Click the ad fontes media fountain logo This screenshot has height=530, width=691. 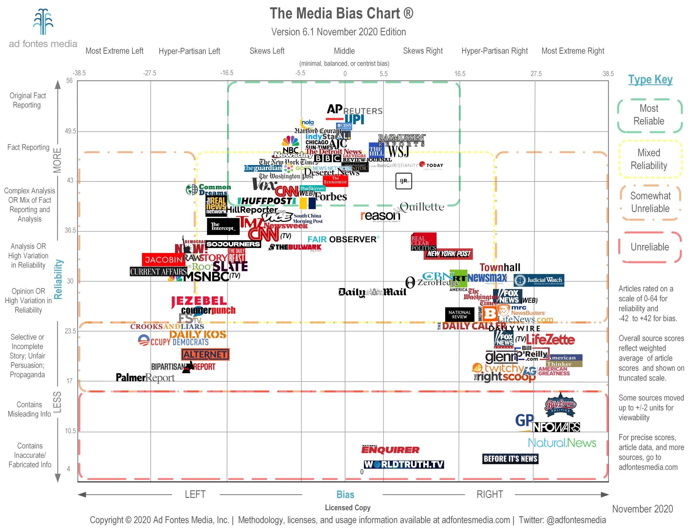coord(43,21)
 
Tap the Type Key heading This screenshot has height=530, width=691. coord(650,79)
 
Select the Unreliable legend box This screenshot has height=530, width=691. coord(650,247)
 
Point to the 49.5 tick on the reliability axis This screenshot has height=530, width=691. coord(70,131)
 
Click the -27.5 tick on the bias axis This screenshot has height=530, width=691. coord(150,73)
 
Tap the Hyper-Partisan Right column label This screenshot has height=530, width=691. coord(494,51)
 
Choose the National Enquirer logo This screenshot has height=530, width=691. coord(390,449)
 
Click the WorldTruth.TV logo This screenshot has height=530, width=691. coord(404,464)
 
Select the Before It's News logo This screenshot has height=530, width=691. coord(510,459)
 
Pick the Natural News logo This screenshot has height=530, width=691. coord(562,443)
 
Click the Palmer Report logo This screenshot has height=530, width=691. coord(145,378)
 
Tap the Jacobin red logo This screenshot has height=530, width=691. coord(163,260)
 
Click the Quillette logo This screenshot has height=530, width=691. coord(421,207)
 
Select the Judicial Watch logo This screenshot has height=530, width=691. coord(539,280)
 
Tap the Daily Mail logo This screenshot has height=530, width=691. coord(372,292)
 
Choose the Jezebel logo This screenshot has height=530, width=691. coord(199,301)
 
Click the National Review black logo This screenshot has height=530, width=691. coord(459,315)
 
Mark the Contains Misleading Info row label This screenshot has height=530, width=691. coord(29,409)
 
